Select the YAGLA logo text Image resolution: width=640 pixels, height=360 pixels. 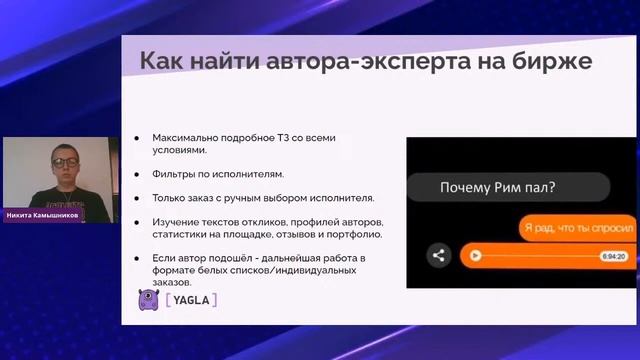coord(190,299)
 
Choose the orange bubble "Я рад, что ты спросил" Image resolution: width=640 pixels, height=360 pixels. coord(577,227)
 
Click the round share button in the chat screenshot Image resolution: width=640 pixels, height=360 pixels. coord(437,255)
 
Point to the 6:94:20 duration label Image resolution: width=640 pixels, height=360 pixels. coord(613,256)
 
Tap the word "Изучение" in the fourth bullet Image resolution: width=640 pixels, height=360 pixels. coord(178,221)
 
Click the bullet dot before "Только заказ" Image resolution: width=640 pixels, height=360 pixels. coord(139,199)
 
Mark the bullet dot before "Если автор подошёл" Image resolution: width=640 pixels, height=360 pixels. coord(139,258)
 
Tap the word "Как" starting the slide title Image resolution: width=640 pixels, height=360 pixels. coord(157,61)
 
